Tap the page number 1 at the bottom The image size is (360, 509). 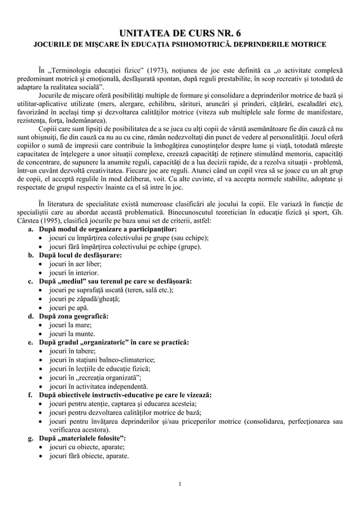(179, 484)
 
